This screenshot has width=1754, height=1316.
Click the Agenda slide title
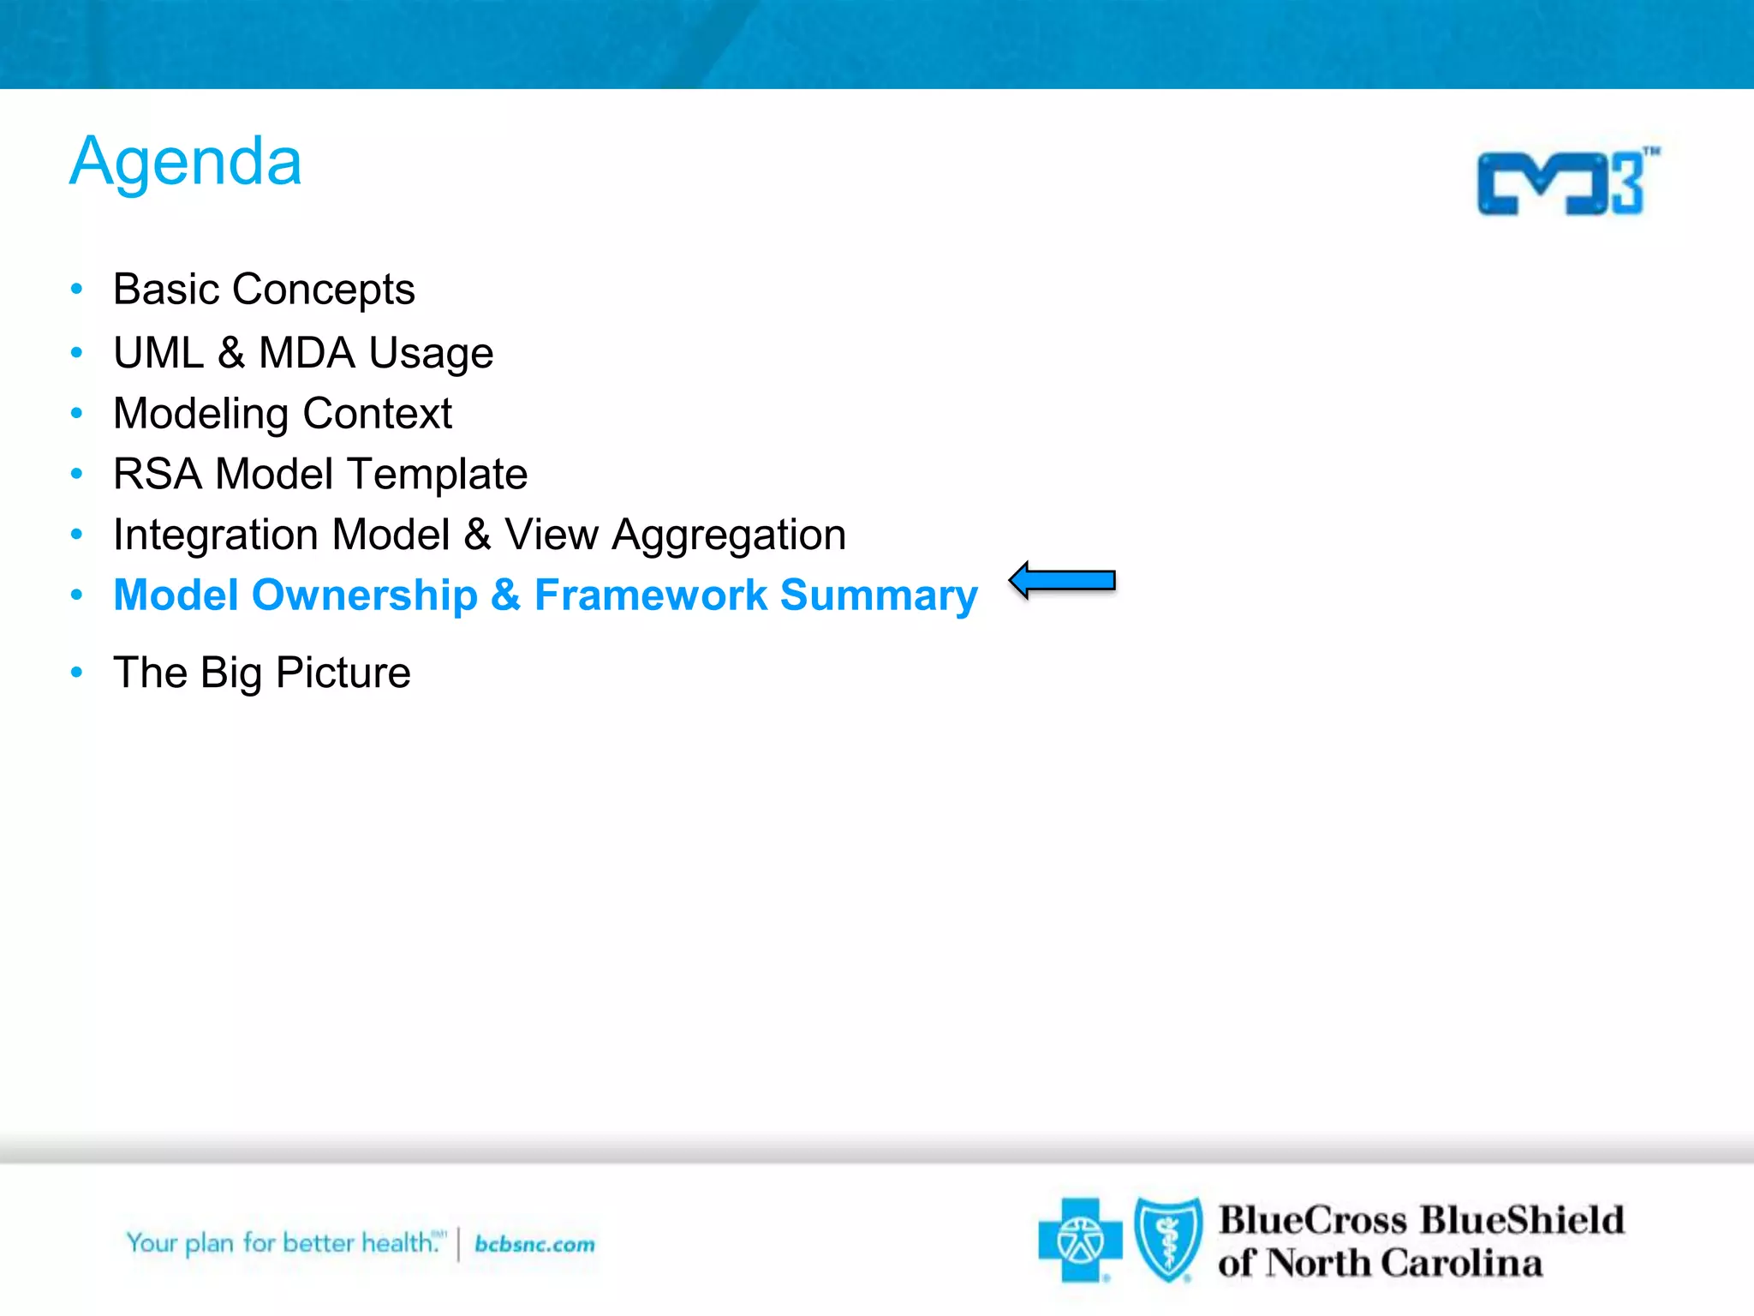[x=186, y=163]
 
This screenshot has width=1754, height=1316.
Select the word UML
[x=159, y=353]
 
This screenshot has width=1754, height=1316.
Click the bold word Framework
[x=651, y=595]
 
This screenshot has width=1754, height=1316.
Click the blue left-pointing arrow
[x=1062, y=581]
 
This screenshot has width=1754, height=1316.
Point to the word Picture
[x=343, y=673]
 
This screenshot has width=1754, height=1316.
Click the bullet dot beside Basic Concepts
[x=77, y=290]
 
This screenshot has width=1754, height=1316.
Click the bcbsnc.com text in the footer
[x=534, y=1244]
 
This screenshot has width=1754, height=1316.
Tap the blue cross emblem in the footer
[x=1079, y=1240]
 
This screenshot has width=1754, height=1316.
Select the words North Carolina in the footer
[x=1405, y=1264]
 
